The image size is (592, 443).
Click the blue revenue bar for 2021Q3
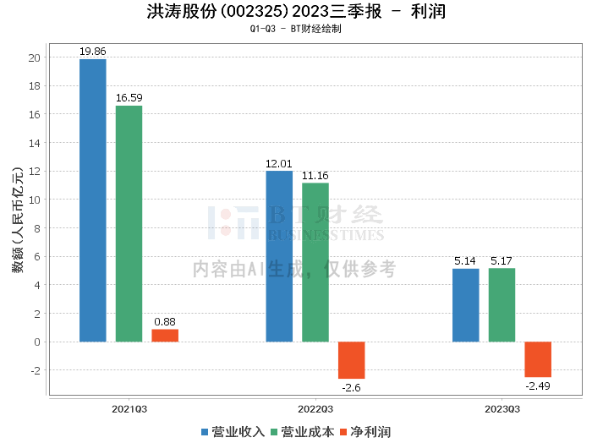tap(93, 200)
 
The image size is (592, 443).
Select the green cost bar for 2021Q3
tap(129, 223)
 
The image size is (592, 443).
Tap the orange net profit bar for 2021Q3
tap(165, 336)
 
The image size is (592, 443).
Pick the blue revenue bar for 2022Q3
tap(279, 256)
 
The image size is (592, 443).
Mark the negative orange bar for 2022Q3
tap(351, 360)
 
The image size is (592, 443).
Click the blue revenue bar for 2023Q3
tap(466, 305)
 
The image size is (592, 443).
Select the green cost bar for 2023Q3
tap(502, 305)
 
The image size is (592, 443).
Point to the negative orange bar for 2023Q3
tap(538, 359)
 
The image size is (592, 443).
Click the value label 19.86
tap(93, 52)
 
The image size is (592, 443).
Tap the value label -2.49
tap(538, 386)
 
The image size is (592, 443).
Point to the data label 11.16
tap(315, 176)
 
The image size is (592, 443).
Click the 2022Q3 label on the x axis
tap(315, 408)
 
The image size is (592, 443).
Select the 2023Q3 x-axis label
tap(502, 408)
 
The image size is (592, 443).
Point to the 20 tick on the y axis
tap(34, 57)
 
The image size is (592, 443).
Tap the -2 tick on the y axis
tap(34, 370)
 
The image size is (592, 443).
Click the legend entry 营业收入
tap(233, 432)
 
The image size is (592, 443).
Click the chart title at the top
tap(296, 12)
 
